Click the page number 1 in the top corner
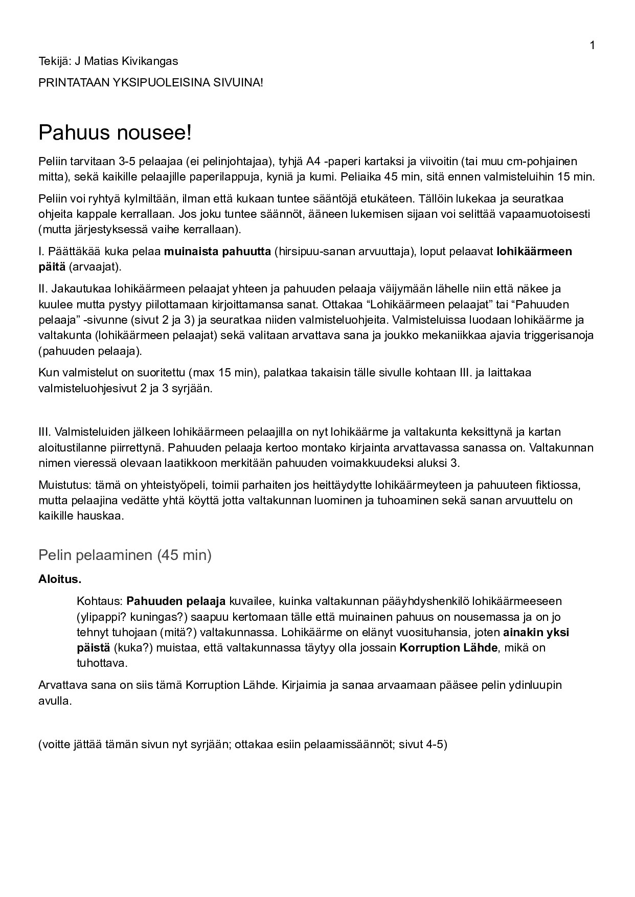tap(592, 46)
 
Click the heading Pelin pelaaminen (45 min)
tap(125, 555)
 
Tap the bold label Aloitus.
tap(60, 579)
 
